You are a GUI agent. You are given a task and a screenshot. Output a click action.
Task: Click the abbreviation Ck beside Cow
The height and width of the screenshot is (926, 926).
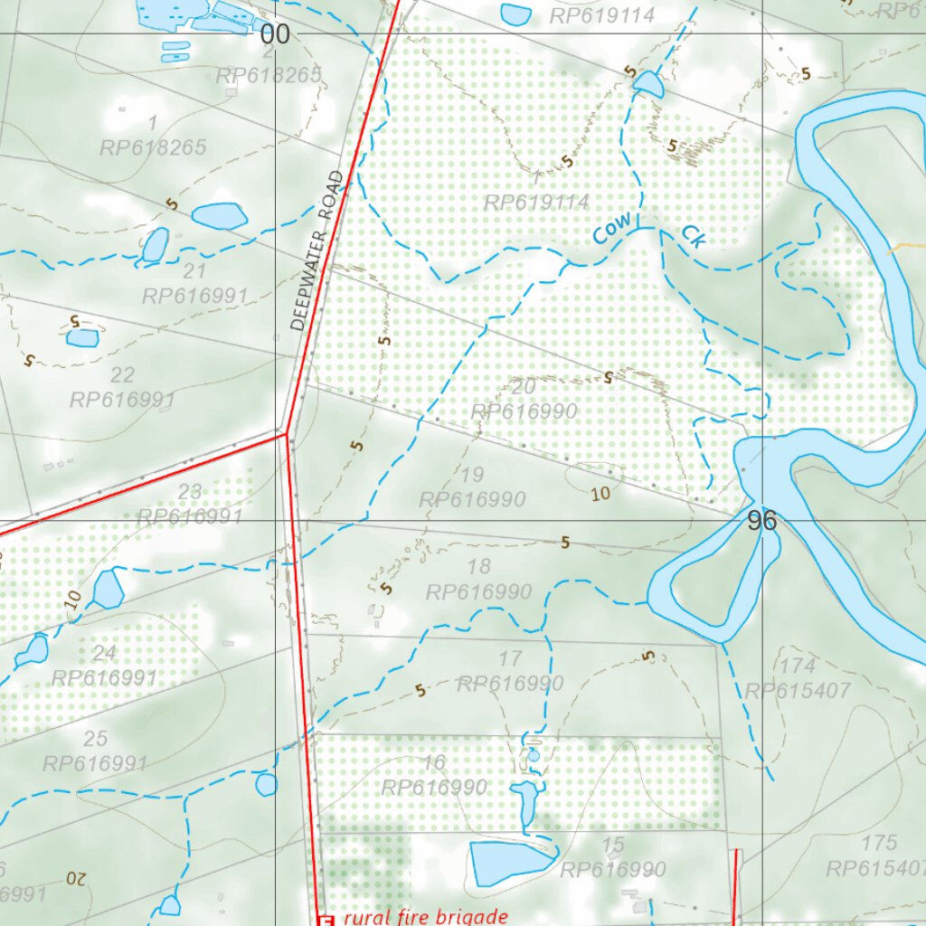click(693, 236)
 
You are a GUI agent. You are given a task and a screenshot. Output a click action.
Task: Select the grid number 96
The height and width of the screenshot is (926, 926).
click(762, 521)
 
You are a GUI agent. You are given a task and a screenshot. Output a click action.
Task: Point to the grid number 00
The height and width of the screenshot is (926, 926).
click(275, 35)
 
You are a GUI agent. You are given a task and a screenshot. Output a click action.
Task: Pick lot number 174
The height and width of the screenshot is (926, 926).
click(797, 666)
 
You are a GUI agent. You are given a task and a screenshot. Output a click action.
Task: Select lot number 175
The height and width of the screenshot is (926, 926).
click(879, 844)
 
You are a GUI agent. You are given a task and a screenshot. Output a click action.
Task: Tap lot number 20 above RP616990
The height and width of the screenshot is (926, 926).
click(523, 387)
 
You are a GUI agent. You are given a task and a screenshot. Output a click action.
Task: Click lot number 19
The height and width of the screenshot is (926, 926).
click(472, 475)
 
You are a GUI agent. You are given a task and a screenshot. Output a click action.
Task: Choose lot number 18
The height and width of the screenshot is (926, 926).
click(478, 567)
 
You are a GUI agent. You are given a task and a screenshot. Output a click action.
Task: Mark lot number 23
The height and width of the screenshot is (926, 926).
click(189, 493)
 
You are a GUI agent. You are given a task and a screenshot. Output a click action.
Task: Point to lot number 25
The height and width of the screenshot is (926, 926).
click(95, 739)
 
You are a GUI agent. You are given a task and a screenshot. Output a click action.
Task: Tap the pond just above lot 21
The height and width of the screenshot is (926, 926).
click(155, 244)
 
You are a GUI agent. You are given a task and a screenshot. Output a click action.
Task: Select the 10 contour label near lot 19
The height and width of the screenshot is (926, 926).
click(600, 494)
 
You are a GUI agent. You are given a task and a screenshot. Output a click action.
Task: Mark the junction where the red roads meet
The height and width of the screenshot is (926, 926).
click(287, 435)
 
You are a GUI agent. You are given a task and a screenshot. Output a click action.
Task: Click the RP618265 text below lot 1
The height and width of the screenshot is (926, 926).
click(154, 147)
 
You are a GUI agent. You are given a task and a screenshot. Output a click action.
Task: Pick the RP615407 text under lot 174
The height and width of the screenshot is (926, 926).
click(797, 692)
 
